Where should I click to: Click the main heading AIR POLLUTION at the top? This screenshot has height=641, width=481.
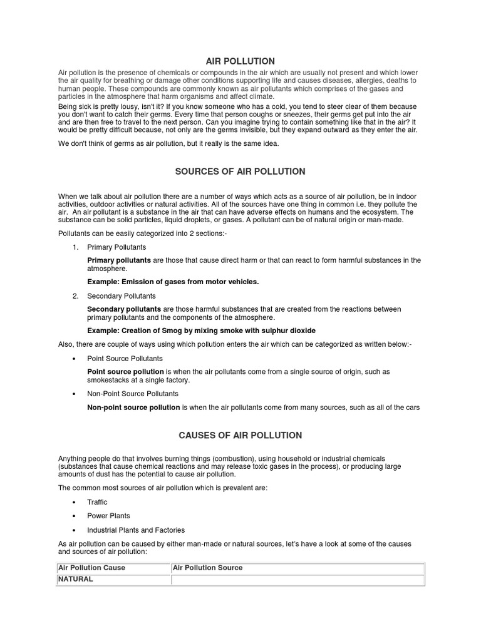point(240,61)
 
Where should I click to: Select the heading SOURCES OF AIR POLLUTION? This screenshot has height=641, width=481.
point(240,171)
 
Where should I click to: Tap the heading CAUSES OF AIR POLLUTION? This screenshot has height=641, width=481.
point(240,435)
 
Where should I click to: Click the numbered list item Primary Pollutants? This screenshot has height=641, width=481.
point(116,247)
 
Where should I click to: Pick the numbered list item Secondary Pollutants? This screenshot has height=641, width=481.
point(122,295)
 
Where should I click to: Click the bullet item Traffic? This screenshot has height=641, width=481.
point(97,502)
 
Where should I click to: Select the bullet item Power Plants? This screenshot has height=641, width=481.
point(108,516)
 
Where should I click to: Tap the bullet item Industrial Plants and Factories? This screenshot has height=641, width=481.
point(136,530)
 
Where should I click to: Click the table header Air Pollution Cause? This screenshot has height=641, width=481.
point(91,568)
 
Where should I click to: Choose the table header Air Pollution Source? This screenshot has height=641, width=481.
point(207,568)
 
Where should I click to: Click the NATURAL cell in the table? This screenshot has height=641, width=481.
point(75,579)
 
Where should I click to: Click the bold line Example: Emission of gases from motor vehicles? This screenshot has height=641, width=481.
point(172,282)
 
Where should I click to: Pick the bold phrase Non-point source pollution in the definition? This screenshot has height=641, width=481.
point(133,408)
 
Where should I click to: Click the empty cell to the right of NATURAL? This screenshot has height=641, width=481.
point(297,580)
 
